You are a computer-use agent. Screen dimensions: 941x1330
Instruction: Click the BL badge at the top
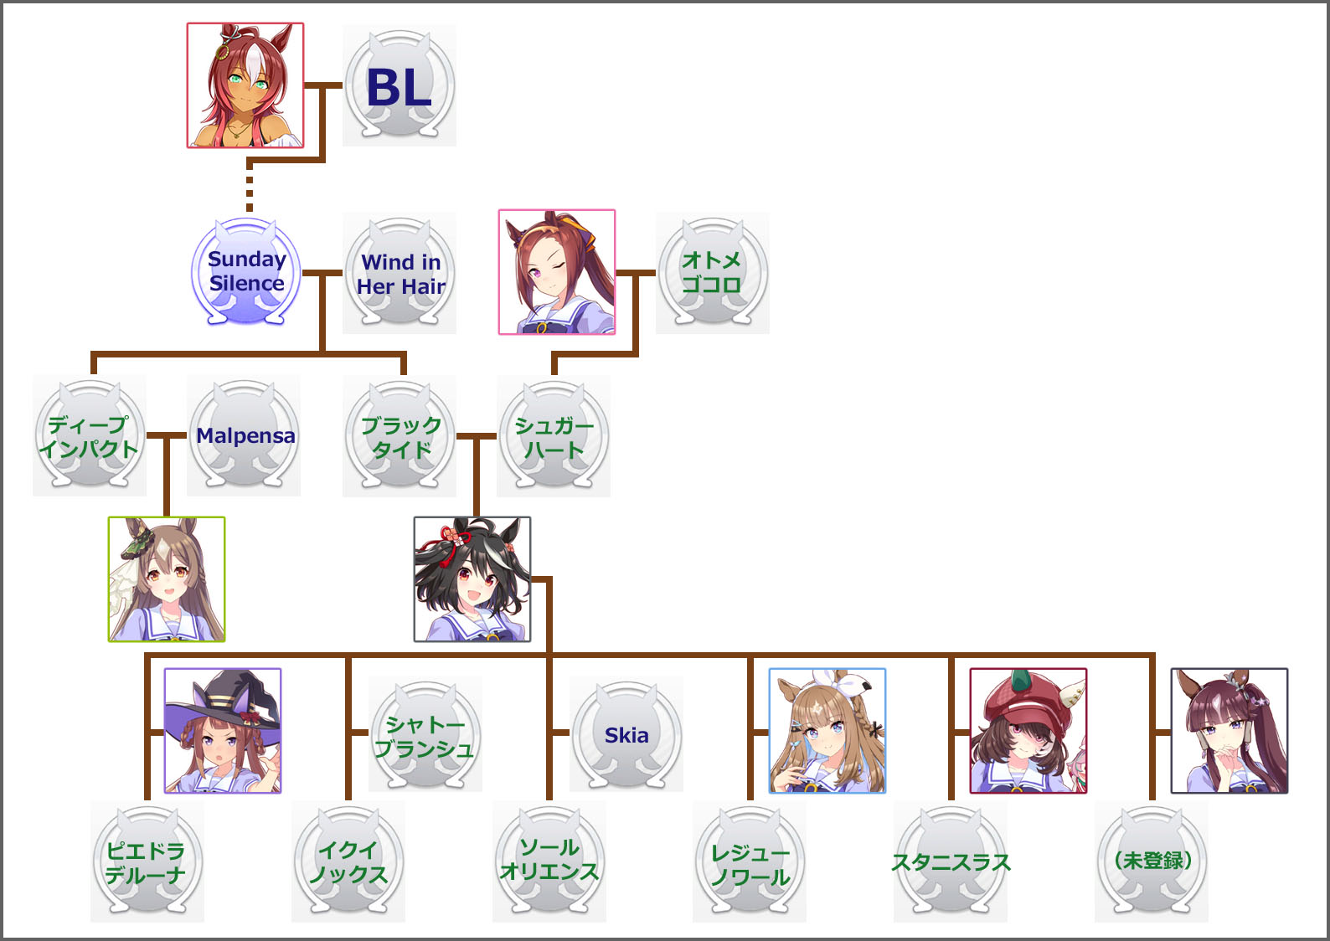pos(400,86)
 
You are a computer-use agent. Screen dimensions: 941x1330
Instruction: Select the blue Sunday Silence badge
pos(246,272)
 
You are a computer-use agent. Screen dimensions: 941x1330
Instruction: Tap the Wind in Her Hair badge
pos(400,273)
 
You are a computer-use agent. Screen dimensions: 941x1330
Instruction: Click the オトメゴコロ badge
pos(712,273)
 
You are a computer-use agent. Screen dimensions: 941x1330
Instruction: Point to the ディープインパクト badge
pos(89,436)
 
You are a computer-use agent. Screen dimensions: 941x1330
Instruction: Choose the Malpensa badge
pos(244,436)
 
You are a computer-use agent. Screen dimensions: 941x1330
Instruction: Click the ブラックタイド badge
pos(400,436)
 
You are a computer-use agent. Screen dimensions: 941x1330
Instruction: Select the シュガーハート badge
pos(554,436)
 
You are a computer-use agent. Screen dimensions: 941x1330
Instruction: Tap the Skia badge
pos(626,735)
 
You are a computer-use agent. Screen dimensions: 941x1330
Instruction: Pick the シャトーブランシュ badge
pos(425,735)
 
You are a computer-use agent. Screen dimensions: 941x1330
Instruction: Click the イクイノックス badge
pos(348,861)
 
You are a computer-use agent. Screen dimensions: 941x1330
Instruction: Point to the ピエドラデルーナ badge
pos(147,861)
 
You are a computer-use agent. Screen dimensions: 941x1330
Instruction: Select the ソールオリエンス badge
pos(549,860)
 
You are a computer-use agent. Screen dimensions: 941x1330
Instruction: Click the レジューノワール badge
pos(750,863)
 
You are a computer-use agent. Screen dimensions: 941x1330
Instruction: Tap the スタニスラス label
pos(951,862)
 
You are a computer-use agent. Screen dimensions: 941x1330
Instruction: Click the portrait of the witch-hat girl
pos(223,731)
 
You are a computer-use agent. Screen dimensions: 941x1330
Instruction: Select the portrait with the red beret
pos(1028,731)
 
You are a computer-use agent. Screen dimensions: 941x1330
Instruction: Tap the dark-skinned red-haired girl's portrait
pos(245,85)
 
